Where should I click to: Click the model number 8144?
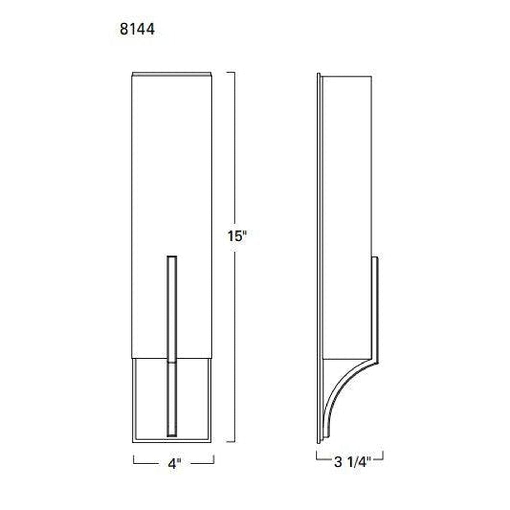(x=137, y=29)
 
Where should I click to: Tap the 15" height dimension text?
(x=236, y=236)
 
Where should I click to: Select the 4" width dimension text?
(x=174, y=463)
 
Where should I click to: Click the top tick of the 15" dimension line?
(x=231, y=72)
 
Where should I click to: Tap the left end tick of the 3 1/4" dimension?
(x=317, y=455)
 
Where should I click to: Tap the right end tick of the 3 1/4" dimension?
(x=383, y=455)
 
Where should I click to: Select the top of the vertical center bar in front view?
(x=172, y=256)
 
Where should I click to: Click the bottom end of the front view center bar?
(x=172, y=436)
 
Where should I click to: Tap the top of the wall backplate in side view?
(x=319, y=74)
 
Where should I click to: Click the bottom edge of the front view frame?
(x=172, y=441)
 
